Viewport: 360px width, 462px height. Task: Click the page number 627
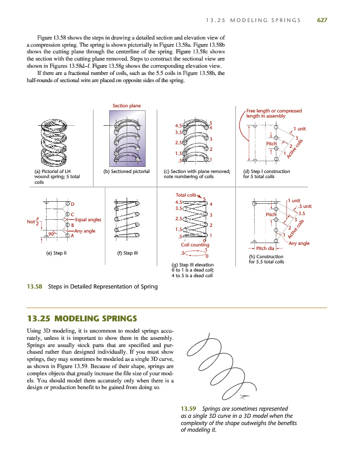(x=322, y=21)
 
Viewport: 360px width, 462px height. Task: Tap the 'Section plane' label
(x=127, y=106)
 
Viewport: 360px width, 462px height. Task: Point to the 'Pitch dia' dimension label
(x=266, y=248)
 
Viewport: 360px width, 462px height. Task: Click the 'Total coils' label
(x=186, y=195)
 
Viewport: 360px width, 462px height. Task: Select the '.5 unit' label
(x=304, y=206)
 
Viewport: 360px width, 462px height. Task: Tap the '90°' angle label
(x=51, y=234)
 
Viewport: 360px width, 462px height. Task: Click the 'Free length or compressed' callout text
(x=274, y=110)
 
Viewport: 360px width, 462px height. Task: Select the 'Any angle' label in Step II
(x=85, y=231)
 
